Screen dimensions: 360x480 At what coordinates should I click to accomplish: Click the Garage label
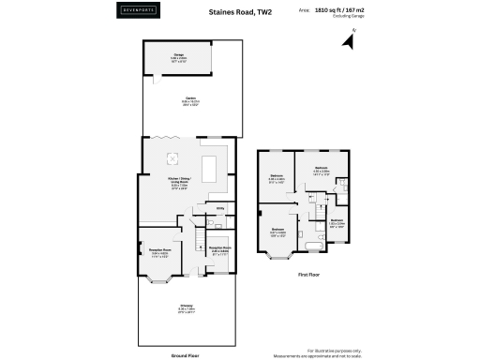click(177, 55)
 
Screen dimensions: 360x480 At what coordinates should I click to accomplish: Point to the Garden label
click(177, 103)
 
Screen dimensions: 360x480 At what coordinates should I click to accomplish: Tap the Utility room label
click(220, 209)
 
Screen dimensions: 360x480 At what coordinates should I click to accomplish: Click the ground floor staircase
click(199, 246)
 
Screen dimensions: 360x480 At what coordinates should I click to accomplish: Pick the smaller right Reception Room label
click(220, 250)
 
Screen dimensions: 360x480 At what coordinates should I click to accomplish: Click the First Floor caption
click(310, 276)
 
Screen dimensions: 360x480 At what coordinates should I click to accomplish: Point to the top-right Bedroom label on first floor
click(322, 170)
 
